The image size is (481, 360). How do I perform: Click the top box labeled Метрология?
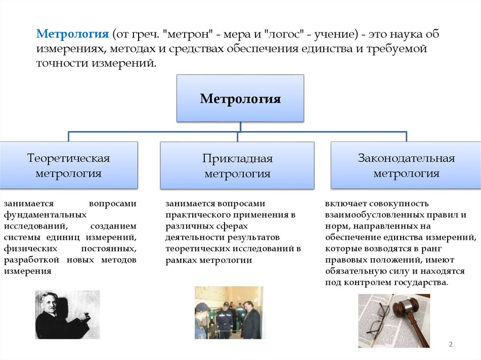(240, 99)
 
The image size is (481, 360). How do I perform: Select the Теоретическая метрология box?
(69, 165)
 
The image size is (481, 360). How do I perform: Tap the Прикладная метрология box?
(237, 166)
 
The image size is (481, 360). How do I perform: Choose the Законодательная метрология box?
(406, 165)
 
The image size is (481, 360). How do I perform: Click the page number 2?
(450, 345)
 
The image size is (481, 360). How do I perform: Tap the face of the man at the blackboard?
(49, 302)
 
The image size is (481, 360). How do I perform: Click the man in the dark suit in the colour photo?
(251, 319)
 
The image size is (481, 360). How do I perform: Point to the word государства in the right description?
(422, 283)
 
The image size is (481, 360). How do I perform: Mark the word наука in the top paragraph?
(401, 35)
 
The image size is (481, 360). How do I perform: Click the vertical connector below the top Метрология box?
(240, 127)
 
